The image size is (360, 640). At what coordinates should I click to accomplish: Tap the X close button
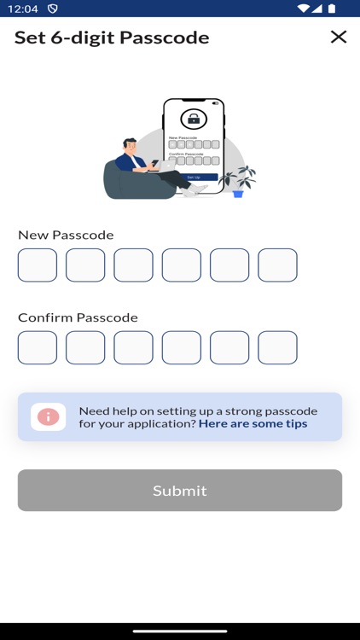click(x=339, y=37)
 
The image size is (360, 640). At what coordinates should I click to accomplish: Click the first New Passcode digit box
click(x=38, y=265)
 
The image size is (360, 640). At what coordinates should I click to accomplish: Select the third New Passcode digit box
click(x=133, y=265)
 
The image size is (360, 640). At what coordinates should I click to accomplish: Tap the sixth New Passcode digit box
click(x=277, y=265)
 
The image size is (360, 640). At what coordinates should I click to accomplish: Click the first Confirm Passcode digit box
click(x=38, y=348)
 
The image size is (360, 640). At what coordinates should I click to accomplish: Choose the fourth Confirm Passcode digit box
click(x=182, y=348)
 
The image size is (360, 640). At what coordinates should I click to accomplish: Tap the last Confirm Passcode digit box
click(x=277, y=348)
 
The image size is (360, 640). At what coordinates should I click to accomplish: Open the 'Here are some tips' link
click(x=253, y=423)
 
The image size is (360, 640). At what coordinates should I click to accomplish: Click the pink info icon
click(x=49, y=416)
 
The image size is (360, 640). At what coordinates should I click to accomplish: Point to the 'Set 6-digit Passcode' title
click(x=112, y=38)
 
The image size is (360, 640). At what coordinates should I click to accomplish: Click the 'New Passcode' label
click(x=66, y=235)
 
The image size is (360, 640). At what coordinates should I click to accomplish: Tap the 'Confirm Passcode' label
click(x=78, y=317)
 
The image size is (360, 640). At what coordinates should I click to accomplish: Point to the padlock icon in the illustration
click(x=194, y=119)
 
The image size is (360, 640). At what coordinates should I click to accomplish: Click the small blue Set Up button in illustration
click(x=194, y=177)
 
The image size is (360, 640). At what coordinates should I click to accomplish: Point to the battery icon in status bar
click(x=332, y=9)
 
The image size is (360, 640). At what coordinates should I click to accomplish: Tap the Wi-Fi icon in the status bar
click(x=303, y=9)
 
